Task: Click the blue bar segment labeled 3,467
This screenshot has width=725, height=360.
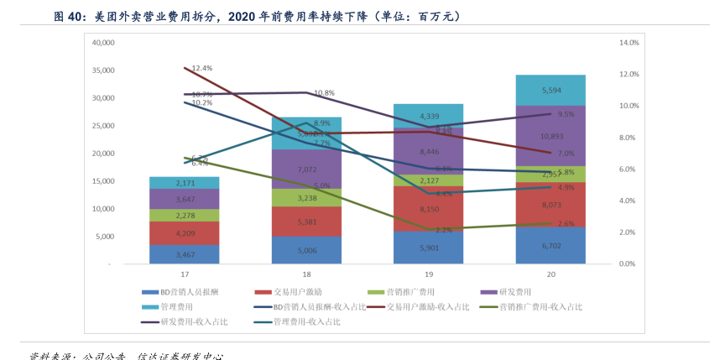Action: tap(173, 254)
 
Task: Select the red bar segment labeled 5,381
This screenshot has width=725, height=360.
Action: tap(306, 222)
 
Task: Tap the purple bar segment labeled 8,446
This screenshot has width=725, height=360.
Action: tap(428, 152)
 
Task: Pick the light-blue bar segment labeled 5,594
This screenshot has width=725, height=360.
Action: tap(550, 90)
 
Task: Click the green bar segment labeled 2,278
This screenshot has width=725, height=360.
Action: tap(173, 216)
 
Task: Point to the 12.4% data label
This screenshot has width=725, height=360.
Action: tap(201, 68)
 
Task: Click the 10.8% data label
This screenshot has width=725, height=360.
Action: tap(324, 93)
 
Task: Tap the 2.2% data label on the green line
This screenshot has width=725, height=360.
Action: tap(445, 229)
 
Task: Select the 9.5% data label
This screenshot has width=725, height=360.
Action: tap(566, 114)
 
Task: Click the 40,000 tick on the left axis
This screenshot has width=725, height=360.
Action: tap(102, 42)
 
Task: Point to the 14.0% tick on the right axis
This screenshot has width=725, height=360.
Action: tap(629, 42)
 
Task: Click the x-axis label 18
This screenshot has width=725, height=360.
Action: tap(306, 274)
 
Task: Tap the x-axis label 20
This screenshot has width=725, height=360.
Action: tap(550, 274)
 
